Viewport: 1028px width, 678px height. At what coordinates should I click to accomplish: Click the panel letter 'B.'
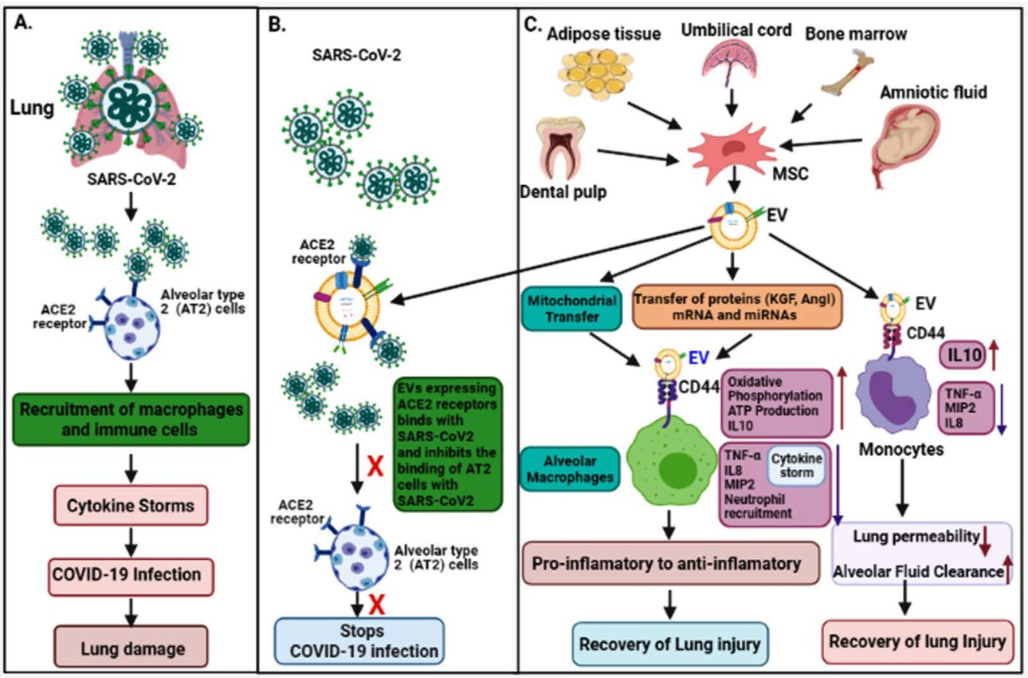276,23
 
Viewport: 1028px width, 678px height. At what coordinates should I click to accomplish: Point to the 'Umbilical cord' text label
736,30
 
